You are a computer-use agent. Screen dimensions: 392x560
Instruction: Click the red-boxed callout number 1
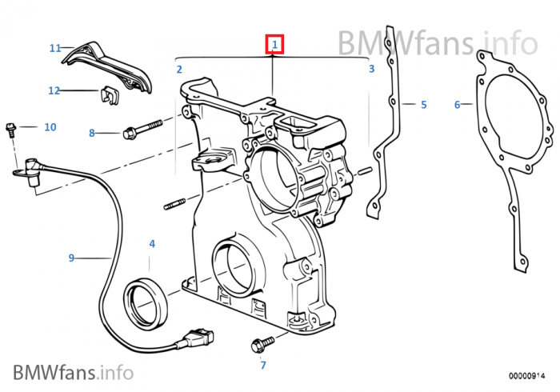(274, 44)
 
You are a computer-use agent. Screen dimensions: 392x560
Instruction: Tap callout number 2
(180, 70)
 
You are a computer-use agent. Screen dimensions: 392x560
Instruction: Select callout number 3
(371, 70)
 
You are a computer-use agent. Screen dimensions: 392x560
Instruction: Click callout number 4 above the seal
(152, 243)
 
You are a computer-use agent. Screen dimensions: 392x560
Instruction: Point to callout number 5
(424, 104)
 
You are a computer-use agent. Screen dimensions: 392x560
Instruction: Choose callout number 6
(457, 104)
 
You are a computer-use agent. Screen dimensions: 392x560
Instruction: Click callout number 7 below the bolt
(262, 366)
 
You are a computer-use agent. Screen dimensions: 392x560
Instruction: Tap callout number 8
(91, 133)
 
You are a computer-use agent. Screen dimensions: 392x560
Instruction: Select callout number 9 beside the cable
(71, 258)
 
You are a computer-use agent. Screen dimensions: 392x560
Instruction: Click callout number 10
(50, 126)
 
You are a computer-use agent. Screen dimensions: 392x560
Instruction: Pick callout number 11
(55, 48)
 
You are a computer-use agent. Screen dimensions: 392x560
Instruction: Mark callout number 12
(54, 90)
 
